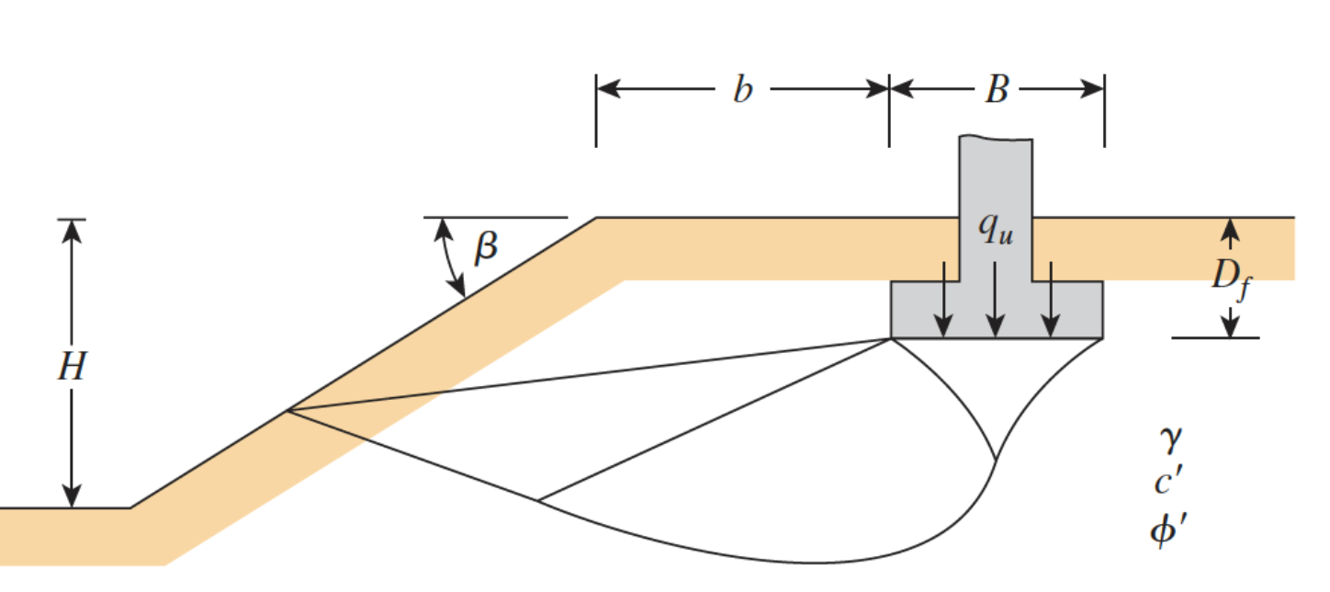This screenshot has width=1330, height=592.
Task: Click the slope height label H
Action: [x=71, y=367]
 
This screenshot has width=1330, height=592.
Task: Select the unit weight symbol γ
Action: [x=1168, y=441]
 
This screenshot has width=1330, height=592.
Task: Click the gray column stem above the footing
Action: [x=996, y=184]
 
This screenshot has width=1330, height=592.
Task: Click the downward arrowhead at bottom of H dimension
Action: [x=72, y=497]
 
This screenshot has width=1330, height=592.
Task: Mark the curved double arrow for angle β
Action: [x=451, y=257]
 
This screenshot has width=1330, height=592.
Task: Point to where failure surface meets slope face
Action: [x=287, y=410]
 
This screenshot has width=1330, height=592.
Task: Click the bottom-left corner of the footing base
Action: [x=892, y=338]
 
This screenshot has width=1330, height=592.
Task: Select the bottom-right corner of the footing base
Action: [x=1102, y=338]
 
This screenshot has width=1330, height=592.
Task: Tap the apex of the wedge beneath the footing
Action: [x=997, y=459]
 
